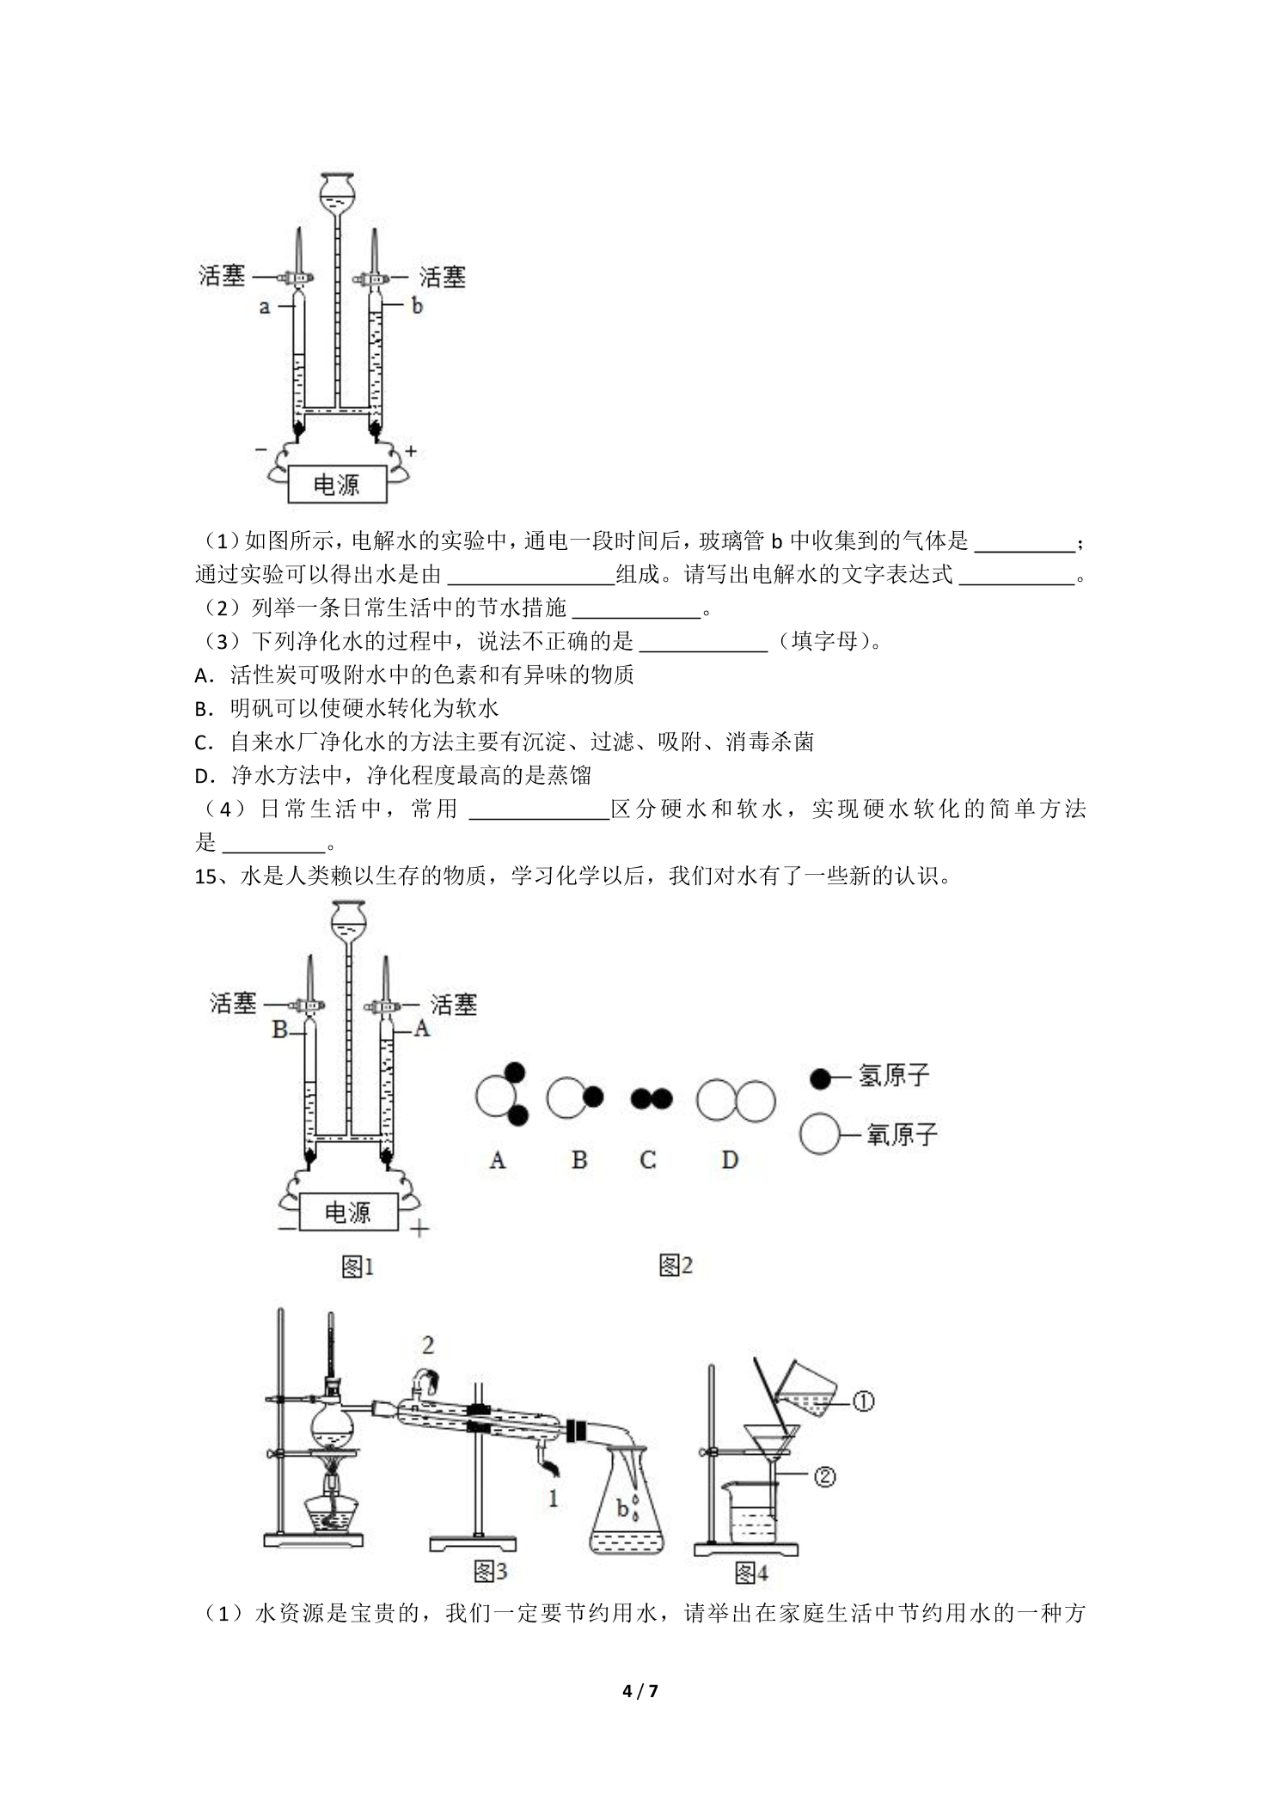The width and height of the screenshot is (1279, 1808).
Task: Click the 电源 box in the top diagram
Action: (x=337, y=485)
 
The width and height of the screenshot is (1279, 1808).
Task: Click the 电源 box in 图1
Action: (x=348, y=1212)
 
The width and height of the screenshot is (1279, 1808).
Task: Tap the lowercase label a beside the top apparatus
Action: (x=265, y=305)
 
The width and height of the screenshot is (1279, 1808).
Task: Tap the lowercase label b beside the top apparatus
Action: (x=416, y=305)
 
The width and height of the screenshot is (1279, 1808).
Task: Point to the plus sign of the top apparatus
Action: (x=411, y=450)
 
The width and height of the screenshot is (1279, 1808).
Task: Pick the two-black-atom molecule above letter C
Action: (x=652, y=1098)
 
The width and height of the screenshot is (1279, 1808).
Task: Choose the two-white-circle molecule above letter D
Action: (x=736, y=1100)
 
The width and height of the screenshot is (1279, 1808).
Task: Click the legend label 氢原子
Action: (x=894, y=1075)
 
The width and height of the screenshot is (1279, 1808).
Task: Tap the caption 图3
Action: (x=490, y=1571)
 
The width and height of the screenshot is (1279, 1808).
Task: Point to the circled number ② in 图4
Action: (x=823, y=1477)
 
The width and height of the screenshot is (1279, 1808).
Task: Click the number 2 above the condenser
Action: (x=427, y=1345)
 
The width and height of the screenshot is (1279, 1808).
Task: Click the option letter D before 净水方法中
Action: (x=203, y=776)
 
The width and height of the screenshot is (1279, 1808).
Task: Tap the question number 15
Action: (x=206, y=877)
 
